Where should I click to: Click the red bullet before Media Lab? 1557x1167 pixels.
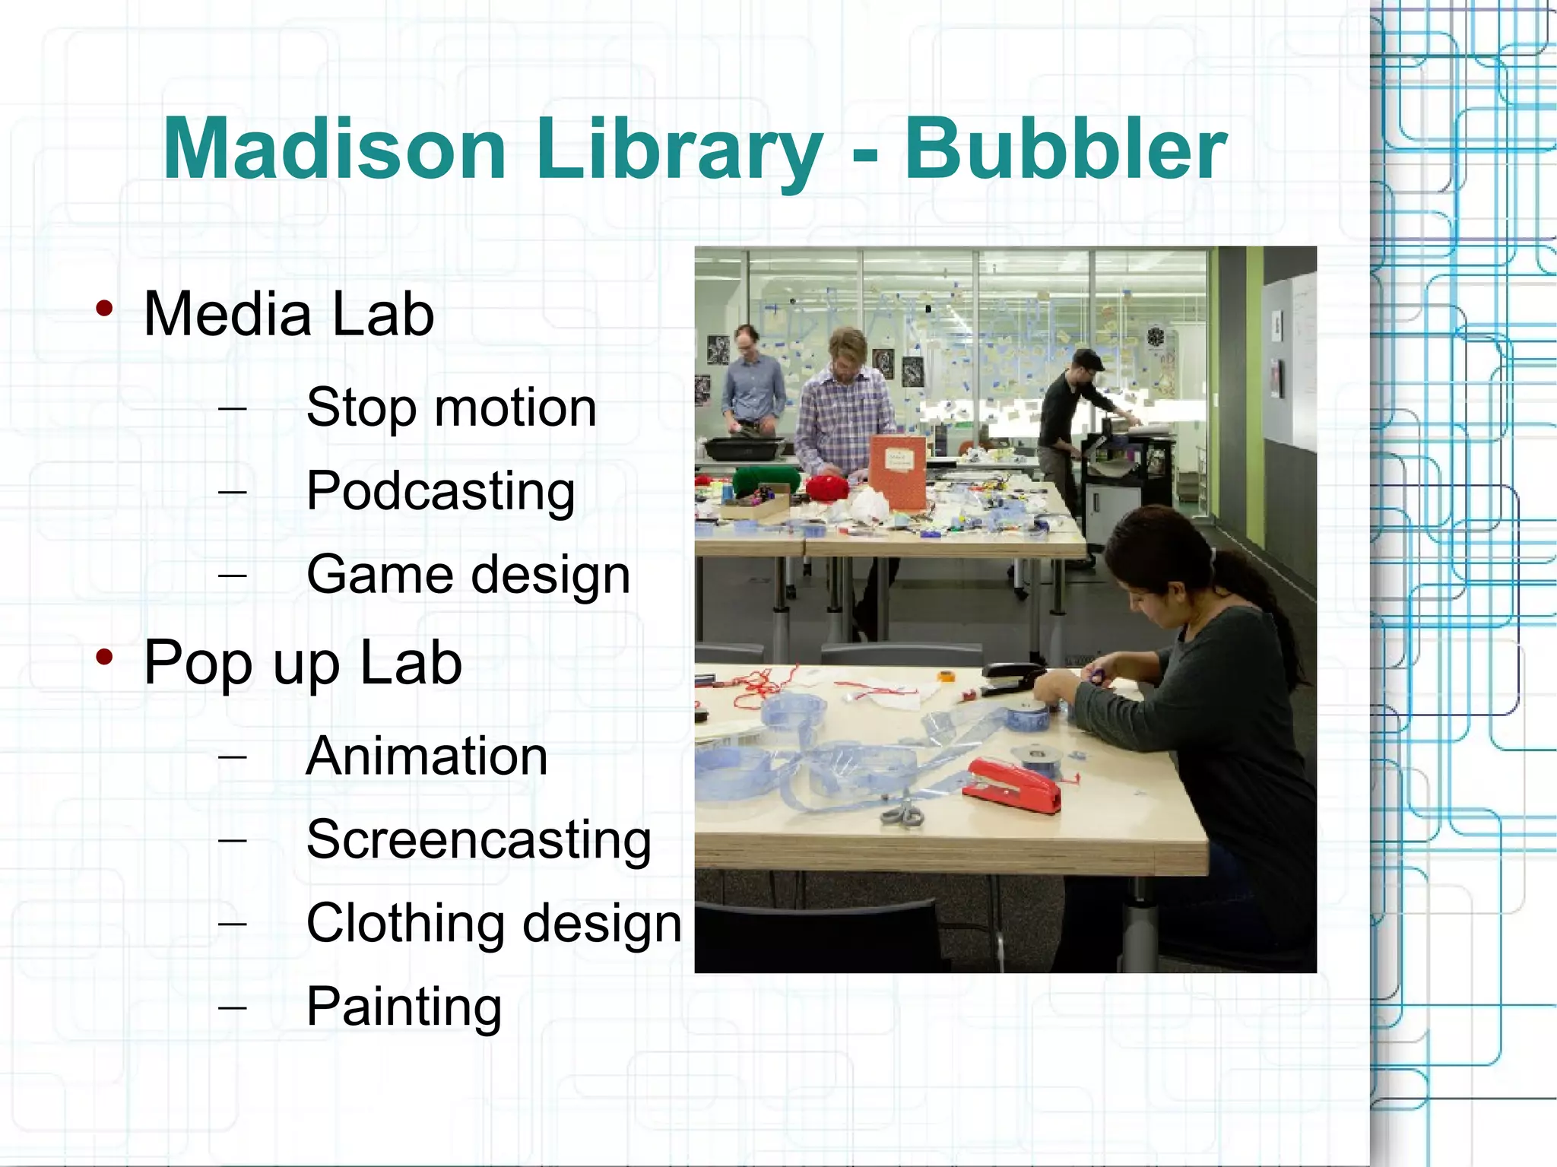click(105, 309)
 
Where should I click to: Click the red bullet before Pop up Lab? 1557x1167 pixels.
click(105, 657)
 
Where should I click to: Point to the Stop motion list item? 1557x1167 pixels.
click(451, 408)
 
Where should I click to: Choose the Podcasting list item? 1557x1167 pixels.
click(440, 492)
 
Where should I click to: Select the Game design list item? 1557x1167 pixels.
click(468, 576)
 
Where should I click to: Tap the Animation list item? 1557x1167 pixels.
click(427, 756)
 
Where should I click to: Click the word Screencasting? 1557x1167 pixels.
click(479, 840)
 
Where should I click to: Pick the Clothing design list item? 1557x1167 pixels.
click(494, 924)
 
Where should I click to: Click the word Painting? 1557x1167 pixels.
click(404, 1007)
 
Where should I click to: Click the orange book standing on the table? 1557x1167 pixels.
click(897, 471)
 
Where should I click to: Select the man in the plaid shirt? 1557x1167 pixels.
click(844, 411)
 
